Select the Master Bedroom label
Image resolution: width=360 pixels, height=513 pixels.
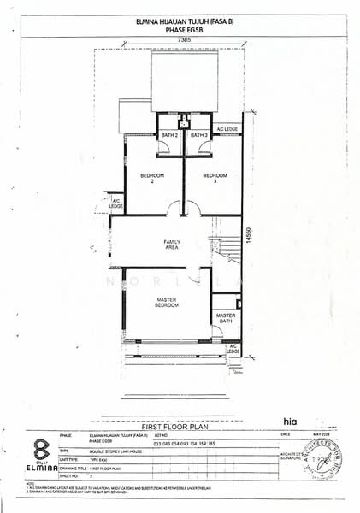click(166, 303)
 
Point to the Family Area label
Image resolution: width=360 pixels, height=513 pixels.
click(172, 245)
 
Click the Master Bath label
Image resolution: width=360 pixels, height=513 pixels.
click(226, 318)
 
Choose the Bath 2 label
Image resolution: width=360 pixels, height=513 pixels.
click(169, 135)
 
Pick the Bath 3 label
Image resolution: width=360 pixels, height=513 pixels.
click(199, 135)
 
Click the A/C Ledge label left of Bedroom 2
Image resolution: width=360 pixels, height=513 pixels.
click(116, 204)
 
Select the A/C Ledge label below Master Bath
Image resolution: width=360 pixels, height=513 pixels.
click(233, 349)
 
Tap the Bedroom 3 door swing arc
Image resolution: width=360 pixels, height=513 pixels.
click(193, 209)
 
